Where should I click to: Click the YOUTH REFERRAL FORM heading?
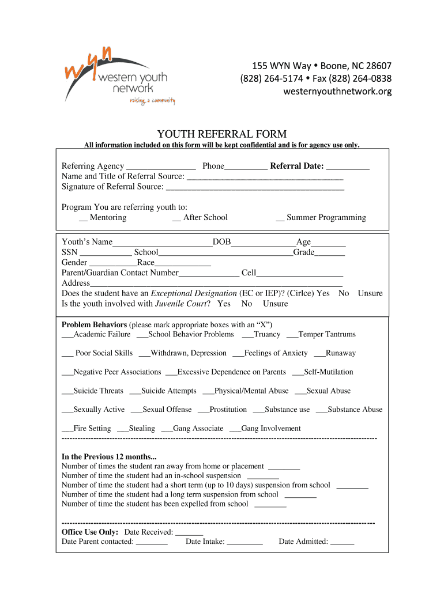click(222, 134)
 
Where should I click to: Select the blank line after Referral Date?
click(348, 167)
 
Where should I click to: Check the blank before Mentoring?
click(83, 218)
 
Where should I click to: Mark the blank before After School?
click(176, 218)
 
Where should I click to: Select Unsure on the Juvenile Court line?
click(275, 304)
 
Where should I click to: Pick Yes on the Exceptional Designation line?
click(323, 293)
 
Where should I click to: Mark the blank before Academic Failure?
click(67, 335)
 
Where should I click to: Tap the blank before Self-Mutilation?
click(298, 373)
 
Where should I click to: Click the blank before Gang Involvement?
click(235, 429)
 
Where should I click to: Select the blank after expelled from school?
click(270, 505)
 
